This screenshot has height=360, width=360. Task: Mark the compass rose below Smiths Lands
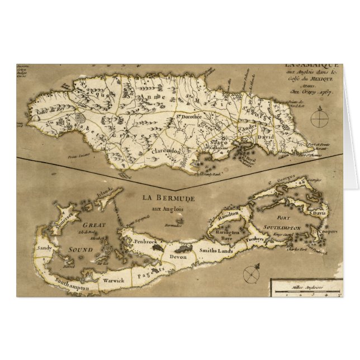pyautogui.click(x=250, y=273)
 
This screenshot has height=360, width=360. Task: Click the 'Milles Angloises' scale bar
pyautogui.click(x=305, y=288)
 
